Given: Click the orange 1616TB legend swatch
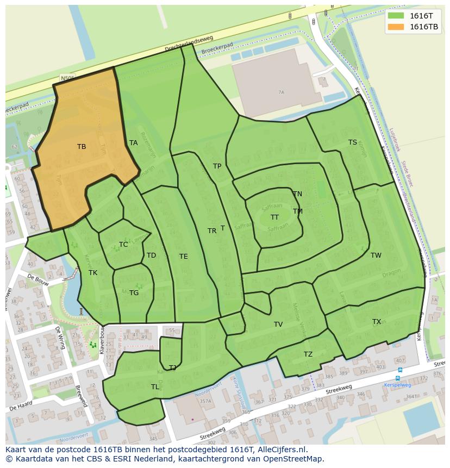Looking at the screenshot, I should click(396, 27).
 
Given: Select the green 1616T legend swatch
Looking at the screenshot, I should click(396, 15).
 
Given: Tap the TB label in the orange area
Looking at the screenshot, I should click(82, 147).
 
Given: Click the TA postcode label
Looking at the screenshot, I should click(134, 143).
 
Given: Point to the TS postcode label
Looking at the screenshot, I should click(353, 142).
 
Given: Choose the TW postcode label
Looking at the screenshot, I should click(376, 255).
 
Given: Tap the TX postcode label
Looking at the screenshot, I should click(377, 322).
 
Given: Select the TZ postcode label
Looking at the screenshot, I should click(308, 354).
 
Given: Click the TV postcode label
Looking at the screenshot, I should click(278, 325).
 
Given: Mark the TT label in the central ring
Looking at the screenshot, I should click(275, 217).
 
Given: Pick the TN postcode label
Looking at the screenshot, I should click(297, 194).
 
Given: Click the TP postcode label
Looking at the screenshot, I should click(217, 166).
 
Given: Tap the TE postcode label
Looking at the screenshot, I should click(184, 257).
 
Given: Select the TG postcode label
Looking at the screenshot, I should click(134, 293).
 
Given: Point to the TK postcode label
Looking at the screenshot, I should click(93, 273).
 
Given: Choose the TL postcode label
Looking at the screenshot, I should click(155, 387).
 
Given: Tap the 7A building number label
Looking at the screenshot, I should click(281, 92).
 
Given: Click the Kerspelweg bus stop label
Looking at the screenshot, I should click(397, 384).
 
